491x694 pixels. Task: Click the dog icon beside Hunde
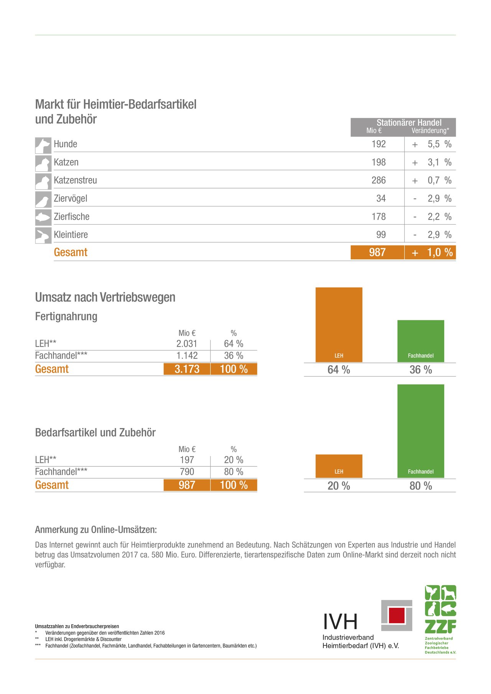pyautogui.click(x=43, y=145)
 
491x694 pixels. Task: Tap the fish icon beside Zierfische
pyautogui.click(x=43, y=218)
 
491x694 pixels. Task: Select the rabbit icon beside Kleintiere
pyautogui.click(x=43, y=236)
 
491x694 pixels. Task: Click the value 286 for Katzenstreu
pyautogui.click(x=378, y=180)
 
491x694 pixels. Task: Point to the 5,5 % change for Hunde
pyautogui.click(x=439, y=144)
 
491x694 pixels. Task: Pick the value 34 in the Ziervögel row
pyautogui.click(x=381, y=199)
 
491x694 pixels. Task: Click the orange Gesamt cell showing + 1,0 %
pyautogui.click(x=430, y=253)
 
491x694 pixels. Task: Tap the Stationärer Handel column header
pyautogui.click(x=409, y=123)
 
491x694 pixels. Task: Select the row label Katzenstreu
pyautogui.click(x=75, y=180)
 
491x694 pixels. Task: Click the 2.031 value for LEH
pyautogui.click(x=187, y=344)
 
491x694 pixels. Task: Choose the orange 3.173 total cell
pyautogui.click(x=187, y=369)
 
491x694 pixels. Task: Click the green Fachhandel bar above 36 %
pyautogui.click(x=421, y=341)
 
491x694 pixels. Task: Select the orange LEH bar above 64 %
pyautogui.click(x=339, y=325)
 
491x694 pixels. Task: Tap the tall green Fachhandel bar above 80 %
pyautogui.click(x=421, y=431)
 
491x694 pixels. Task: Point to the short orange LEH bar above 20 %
pyautogui.click(x=339, y=466)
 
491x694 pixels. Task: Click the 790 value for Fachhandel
pyautogui.click(x=187, y=472)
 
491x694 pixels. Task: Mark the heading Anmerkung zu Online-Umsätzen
pyautogui.click(x=96, y=530)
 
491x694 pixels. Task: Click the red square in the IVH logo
pyautogui.click(x=397, y=615)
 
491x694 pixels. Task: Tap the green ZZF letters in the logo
pyautogui.click(x=440, y=627)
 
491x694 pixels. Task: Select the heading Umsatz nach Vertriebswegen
pyautogui.click(x=105, y=297)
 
